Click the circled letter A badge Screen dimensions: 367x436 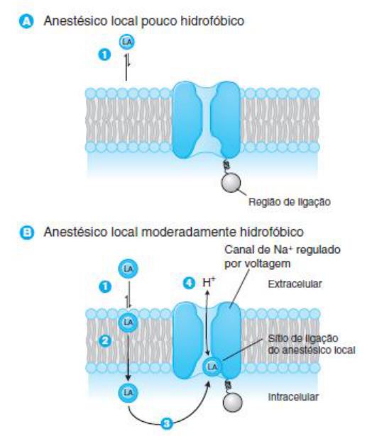pyautogui.click(x=26, y=21)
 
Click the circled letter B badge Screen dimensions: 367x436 pyautogui.click(x=26, y=233)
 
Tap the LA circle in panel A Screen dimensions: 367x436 pyautogui.click(x=126, y=42)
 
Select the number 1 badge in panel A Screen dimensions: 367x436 pyautogui.click(x=104, y=55)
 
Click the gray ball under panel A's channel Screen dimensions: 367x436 pyautogui.click(x=231, y=183)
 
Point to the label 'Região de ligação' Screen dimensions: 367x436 pyautogui.click(x=290, y=202)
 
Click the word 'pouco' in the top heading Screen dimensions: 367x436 pyautogui.click(x=159, y=21)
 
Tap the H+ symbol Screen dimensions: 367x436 pyautogui.click(x=209, y=282)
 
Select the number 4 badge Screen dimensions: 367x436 pyautogui.click(x=189, y=284)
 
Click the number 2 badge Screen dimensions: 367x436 pyautogui.click(x=105, y=341)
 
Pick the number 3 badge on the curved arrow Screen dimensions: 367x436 pyautogui.click(x=167, y=424)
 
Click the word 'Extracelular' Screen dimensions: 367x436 pyautogui.click(x=295, y=284)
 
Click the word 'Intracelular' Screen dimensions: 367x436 pyautogui.click(x=293, y=397)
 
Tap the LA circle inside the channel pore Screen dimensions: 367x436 pyautogui.click(x=212, y=367)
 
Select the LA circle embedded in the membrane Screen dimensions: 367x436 pyautogui.click(x=128, y=323)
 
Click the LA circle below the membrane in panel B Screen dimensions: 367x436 pyautogui.click(x=128, y=393)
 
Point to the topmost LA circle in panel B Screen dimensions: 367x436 pyautogui.click(x=128, y=269)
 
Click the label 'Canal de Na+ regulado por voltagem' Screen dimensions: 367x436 pyautogui.click(x=283, y=257)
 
